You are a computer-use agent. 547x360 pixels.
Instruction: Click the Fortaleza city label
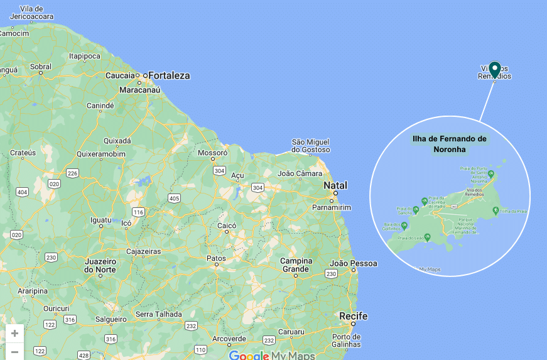168,75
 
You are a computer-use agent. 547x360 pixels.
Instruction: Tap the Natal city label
335,185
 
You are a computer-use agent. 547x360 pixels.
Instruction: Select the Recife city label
353,316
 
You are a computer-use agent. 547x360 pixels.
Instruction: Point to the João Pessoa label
354,263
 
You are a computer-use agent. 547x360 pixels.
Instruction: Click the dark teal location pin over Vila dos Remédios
494,69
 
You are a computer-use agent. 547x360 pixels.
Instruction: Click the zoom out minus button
14,351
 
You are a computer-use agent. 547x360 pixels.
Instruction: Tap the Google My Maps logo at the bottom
271,356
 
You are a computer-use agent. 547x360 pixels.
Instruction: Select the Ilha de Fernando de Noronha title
449,144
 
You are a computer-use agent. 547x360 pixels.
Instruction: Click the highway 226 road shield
72,173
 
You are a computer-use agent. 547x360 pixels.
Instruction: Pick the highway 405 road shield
174,199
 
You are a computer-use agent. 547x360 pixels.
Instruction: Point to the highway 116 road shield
138,212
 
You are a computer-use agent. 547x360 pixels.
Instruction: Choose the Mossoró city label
212,153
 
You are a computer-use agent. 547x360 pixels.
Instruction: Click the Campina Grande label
296,265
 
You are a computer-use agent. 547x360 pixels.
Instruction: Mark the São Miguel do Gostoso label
310,146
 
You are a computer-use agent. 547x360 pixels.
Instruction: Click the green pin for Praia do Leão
428,237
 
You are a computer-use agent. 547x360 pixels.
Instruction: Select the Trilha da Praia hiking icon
496,211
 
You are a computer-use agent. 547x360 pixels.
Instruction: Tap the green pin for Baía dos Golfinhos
404,224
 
